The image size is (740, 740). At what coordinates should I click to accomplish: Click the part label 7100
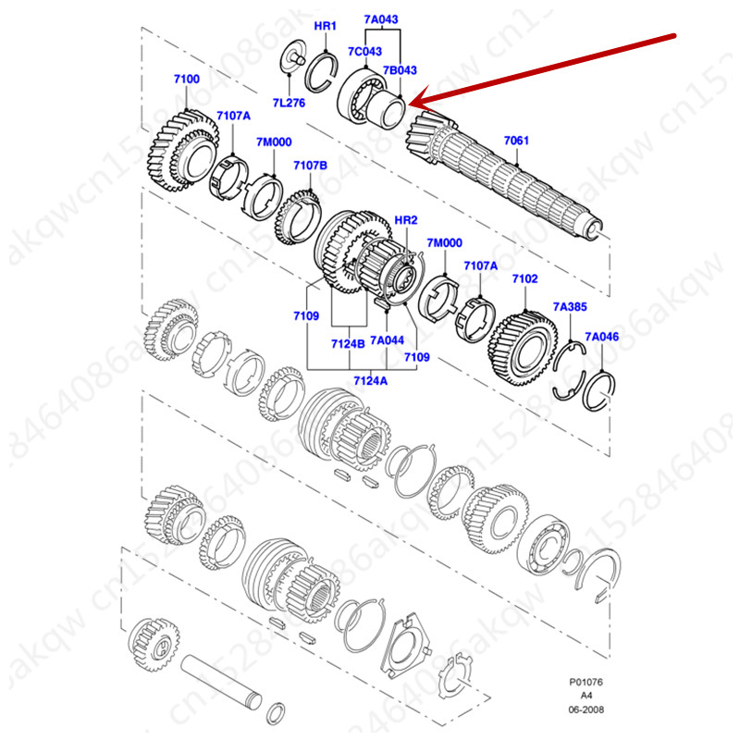[x=186, y=80]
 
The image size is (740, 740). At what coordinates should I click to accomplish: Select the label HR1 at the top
[x=326, y=27]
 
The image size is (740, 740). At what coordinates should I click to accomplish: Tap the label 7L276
[x=289, y=102]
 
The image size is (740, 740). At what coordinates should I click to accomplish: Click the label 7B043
[x=401, y=70]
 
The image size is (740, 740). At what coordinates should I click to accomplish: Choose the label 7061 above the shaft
[x=516, y=141]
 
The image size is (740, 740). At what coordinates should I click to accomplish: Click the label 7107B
[x=311, y=165]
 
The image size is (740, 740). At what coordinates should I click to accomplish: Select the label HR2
[x=406, y=220]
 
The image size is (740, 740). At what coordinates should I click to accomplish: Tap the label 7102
[x=524, y=278]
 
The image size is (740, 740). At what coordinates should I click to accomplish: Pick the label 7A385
[x=569, y=305]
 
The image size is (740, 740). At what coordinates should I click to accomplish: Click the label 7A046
[x=602, y=338]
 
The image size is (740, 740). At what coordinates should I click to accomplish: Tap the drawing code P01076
[x=586, y=684]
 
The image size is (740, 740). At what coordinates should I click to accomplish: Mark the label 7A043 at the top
[x=380, y=18]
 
